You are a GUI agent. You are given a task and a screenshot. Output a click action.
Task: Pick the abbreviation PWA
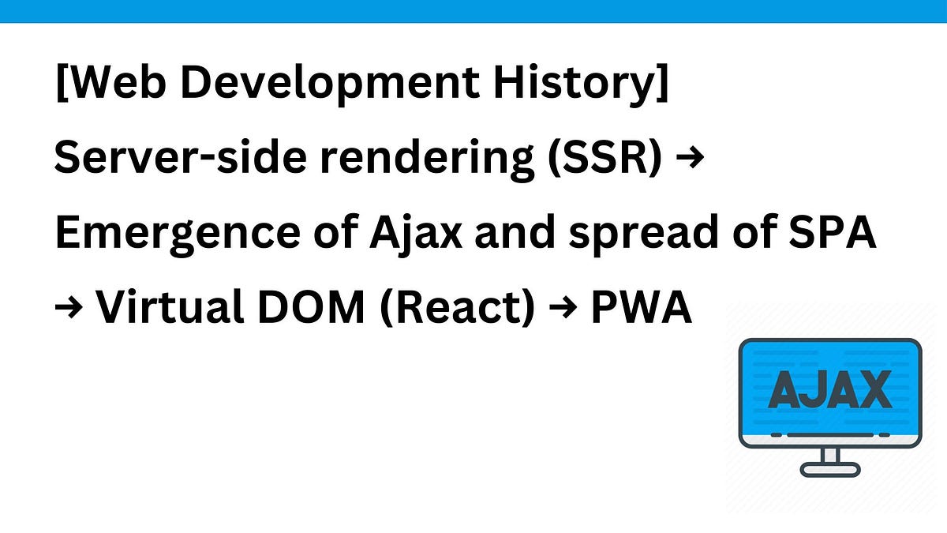click(641, 309)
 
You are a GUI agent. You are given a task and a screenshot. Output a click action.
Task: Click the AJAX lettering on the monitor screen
click(829, 390)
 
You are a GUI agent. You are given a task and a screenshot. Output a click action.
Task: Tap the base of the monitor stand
click(829, 469)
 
